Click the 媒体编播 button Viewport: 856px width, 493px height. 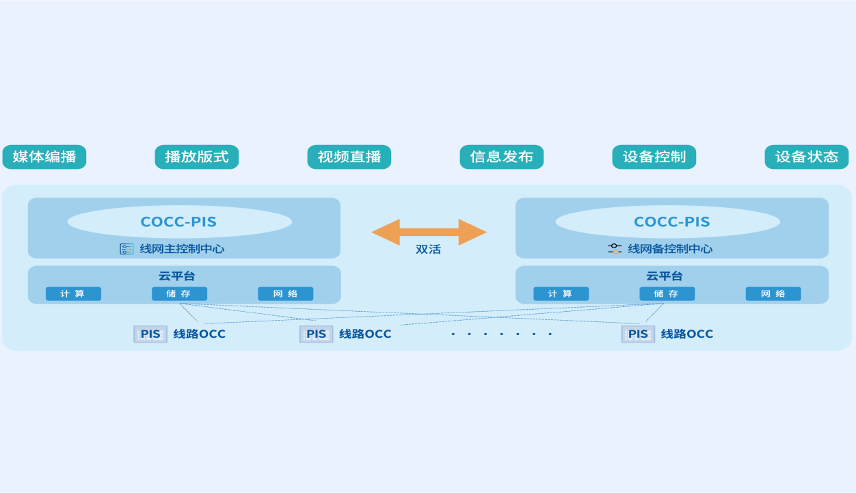44,157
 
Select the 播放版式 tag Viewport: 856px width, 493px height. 197,157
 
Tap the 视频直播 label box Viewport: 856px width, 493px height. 349,157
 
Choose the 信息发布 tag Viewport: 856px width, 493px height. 502,157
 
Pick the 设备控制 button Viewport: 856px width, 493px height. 654,157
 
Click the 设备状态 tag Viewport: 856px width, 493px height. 807,157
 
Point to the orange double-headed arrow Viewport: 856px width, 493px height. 429,232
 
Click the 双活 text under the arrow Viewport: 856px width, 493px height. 429,250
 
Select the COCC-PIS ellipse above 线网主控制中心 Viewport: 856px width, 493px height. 179,222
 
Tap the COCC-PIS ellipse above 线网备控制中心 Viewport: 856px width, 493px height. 668,222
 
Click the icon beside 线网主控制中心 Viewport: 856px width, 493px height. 126,249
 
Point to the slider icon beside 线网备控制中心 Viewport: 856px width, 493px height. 615,249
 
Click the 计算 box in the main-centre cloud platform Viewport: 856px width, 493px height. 73,294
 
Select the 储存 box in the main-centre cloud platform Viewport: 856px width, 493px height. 179,294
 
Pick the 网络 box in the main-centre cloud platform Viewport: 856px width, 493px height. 286,294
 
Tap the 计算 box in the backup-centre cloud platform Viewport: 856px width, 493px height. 561,294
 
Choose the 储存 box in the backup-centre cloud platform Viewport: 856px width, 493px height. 667,294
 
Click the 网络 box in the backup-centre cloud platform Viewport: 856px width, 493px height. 773,294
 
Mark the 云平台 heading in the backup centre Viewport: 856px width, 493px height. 665,276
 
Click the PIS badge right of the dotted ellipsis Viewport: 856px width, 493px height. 638,334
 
